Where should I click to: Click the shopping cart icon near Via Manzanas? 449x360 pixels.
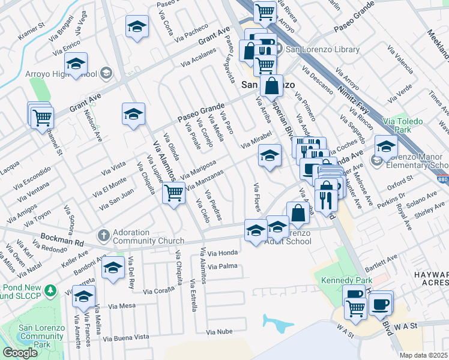[173, 194]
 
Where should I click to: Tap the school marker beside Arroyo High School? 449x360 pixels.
[76, 65]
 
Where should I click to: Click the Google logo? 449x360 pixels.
[20, 353]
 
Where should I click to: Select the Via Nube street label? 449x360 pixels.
[219, 331]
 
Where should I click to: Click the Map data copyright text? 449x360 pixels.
[424, 355]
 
